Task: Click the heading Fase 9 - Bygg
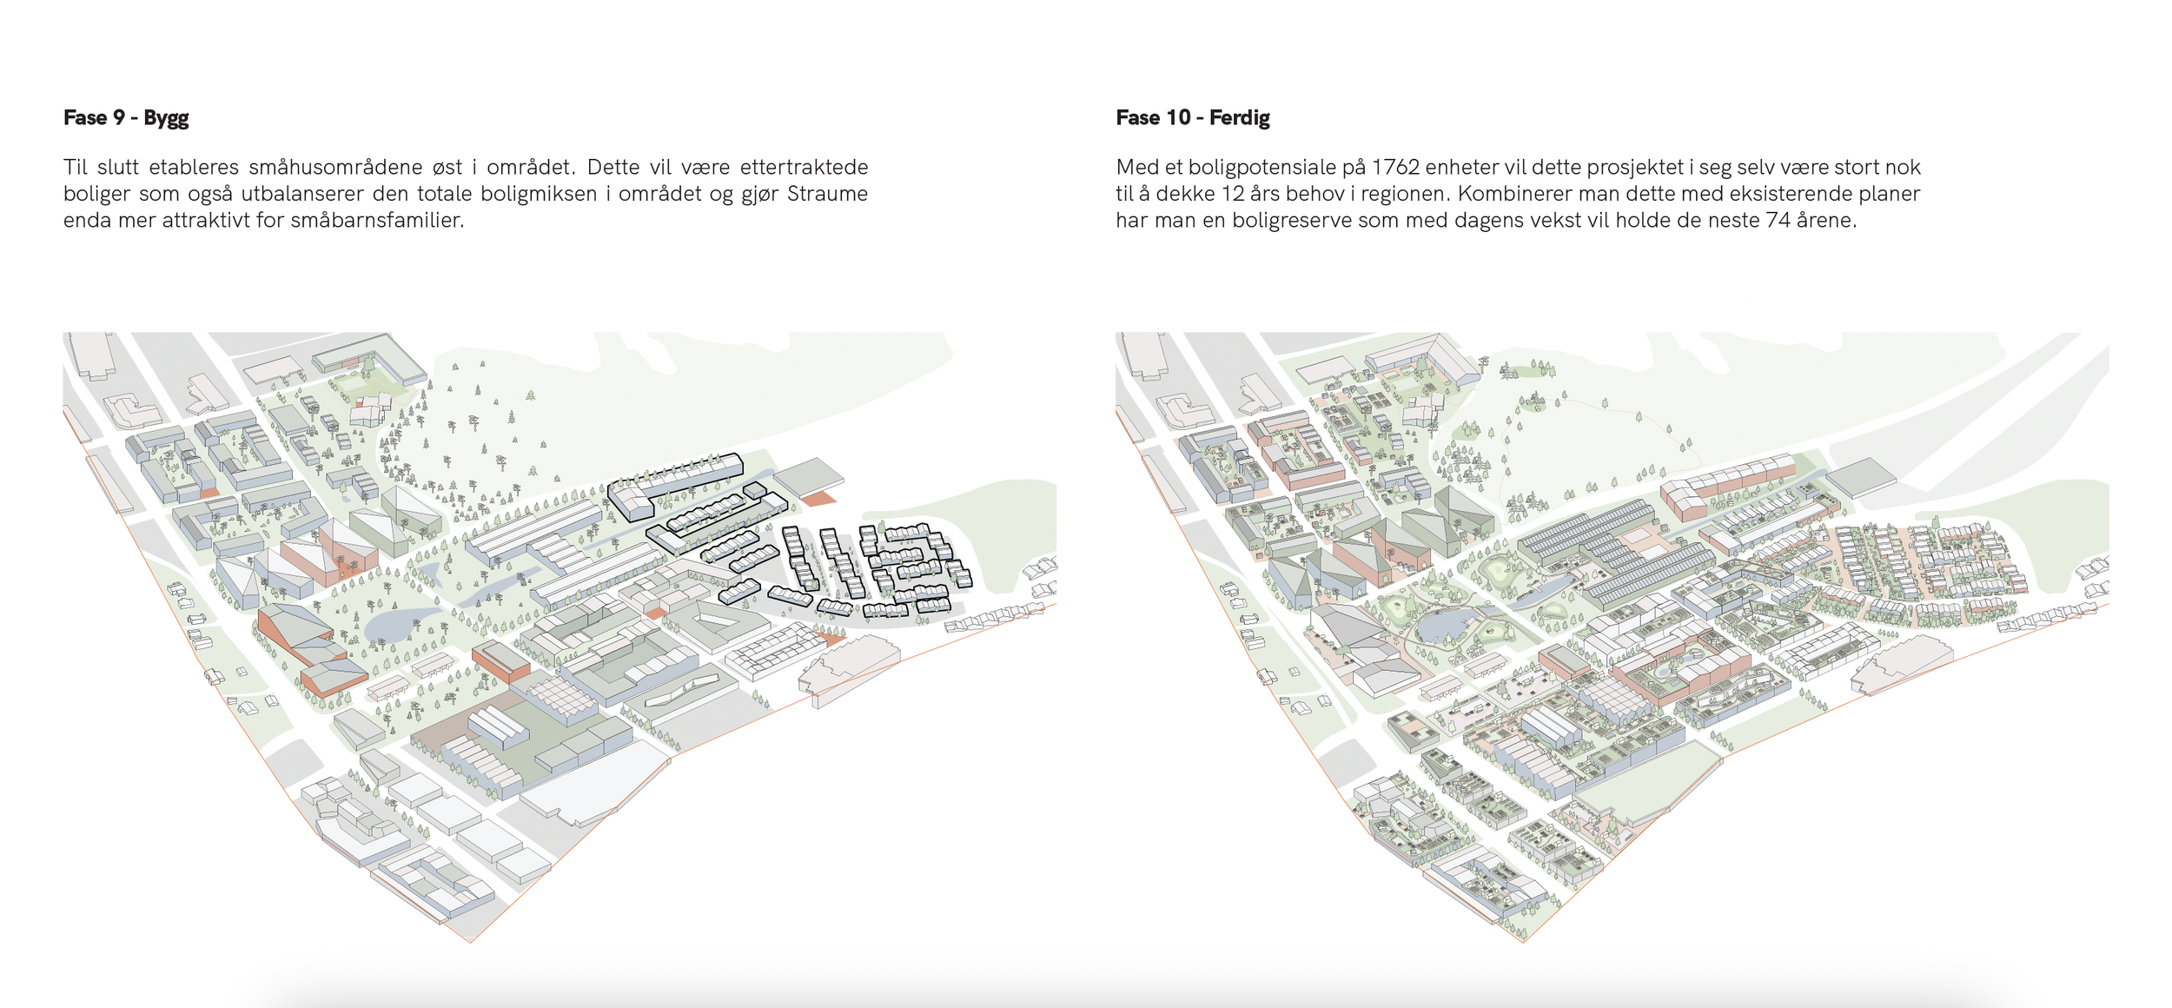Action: [x=126, y=117]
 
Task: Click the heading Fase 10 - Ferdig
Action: [x=1192, y=117]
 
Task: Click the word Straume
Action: [x=827, y=194]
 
